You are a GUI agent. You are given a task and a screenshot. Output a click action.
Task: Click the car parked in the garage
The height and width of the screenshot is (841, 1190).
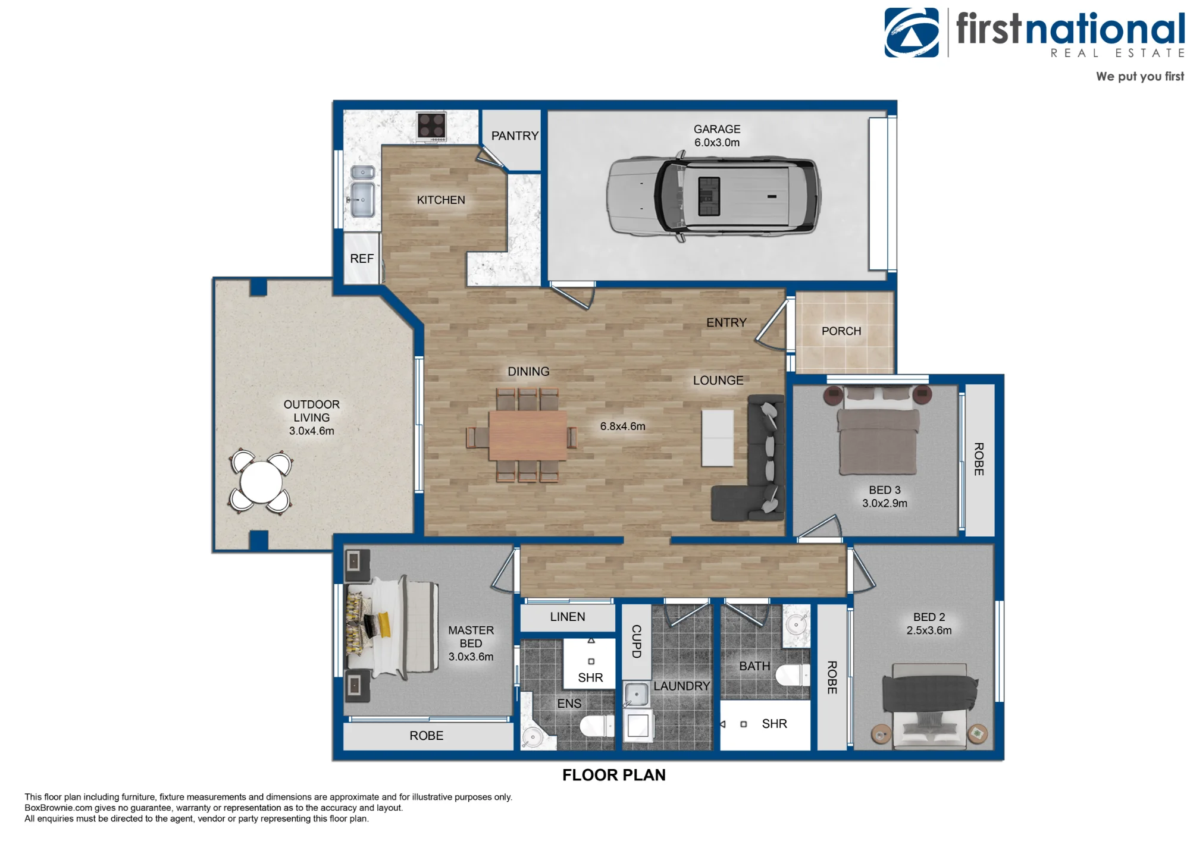(x=713, y=196)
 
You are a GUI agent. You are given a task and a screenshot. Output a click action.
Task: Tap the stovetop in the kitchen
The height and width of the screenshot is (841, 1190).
(x=431, y=127)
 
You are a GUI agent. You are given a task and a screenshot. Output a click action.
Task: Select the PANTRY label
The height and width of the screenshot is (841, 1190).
(x=515, y=136)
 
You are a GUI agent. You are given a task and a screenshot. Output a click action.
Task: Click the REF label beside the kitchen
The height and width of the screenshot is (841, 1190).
(x=362, y=259)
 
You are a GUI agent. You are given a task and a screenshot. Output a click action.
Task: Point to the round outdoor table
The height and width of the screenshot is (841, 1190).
(x=261, y=482)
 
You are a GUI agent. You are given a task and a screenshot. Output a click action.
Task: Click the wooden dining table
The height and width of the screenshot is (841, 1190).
(x=528, y=436)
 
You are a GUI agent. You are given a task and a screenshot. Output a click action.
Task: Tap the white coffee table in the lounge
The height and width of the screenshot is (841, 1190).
(x=718, y=438)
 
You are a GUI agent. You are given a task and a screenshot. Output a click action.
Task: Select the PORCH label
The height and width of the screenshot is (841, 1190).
(x=841, y=331)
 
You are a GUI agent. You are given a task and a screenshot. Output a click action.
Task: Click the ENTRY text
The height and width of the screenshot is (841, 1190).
(x=726, y=322)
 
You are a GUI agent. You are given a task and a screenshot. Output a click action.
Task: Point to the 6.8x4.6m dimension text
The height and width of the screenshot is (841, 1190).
(x=622, y=426)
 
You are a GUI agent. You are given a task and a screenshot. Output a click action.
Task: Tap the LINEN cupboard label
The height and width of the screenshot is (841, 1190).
(x=568, y=617)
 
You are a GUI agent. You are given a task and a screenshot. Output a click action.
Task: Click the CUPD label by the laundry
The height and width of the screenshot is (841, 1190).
(x=636, y=641)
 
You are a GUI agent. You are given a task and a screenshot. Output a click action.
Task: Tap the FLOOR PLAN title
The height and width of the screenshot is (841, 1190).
(x=614, y=775)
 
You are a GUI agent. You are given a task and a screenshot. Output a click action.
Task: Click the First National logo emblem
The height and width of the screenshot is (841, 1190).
(x=912, y=33)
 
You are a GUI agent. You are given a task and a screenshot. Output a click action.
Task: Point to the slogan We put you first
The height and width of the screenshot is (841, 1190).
(x=1140, y=77)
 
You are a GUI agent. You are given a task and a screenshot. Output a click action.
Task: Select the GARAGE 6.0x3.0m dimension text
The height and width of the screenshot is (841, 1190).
(x=717, y=136)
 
